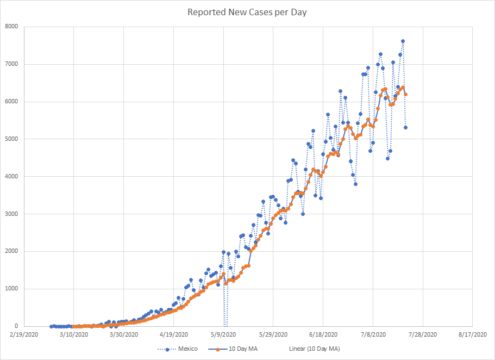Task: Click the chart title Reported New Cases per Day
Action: pyautogui.click(x=247, y=12)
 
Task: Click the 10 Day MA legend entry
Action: pyautogui.click(x=242, y=349)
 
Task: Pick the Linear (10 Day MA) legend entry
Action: pyautogui.click(x=314, y=349)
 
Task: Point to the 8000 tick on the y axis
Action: pyautogui.click(x=11, y=27)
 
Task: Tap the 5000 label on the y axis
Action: pyautogui.click(x=11, y=139)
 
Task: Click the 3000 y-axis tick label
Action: pyautogui.click(x=11, y=214)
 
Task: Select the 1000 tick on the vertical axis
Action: pyautogui.click(x=11, y=289)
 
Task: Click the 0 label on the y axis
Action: pyautogui.click(x=16, y=326)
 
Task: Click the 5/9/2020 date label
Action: pyautogui.click(x=223, y=334)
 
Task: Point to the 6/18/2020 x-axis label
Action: pyautogui.click(x=323, y=334)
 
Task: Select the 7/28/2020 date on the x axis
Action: pyautogui.click(x=423, y=334)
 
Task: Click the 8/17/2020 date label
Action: pyautogui.click(x=473, y=334)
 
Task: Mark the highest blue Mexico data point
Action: pyautogui.click(x=403, y=41)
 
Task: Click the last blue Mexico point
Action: pyautogui.click(x=405, y=127)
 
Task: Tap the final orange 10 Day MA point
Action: pyautogui.click(x=405, y=94)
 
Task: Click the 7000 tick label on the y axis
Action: pyautogui.click(x=11, y=64)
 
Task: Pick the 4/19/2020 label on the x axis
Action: pyautogui.click(x=173, y=334)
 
